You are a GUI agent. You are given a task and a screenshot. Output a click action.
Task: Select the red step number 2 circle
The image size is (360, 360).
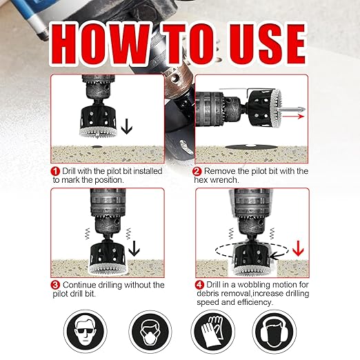(x=197, y=170)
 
